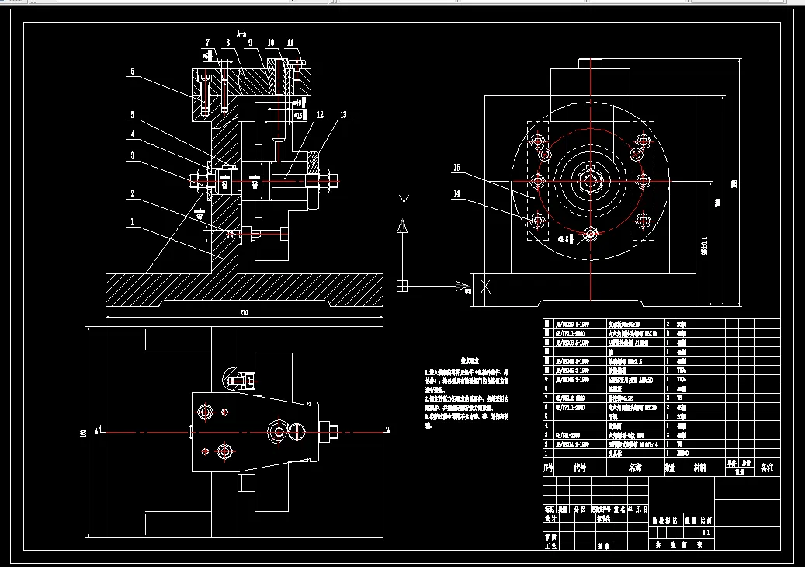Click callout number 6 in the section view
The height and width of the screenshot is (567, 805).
pyautogui.click(x=133, y=71)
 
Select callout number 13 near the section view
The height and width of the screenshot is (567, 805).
pyautogui.click(x=344, y=115)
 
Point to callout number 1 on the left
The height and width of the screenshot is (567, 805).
pyautogui.click(x=133, y=221)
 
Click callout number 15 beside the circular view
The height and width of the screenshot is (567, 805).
pyautogui.click(x=457, y=167)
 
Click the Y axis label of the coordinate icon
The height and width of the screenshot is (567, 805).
pyautogui.click(x=402, y=202)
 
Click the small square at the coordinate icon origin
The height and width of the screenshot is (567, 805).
pyautogui.click(x=401, y=285)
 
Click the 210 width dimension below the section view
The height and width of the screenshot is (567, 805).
pyautogui.click(x=244, y=312)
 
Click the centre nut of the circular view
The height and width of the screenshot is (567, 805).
pyautogui.click(x=591, y=182)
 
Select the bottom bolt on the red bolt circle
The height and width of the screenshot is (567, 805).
pyautogui.click(x=591, y=233)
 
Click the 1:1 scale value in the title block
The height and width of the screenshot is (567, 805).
pyautogui.click(x=706, y=534)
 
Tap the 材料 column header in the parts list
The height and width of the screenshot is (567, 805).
pyautogui.click(x=699, y=468)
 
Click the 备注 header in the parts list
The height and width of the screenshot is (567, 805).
pyautogui.click(x=766, y=468)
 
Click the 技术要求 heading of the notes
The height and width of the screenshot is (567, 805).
pyautogui.click(x=470, y=361)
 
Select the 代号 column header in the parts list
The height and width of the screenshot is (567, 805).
pyautogui.click(x=579, y=468)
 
